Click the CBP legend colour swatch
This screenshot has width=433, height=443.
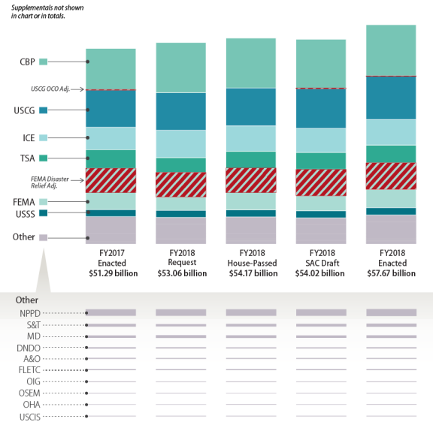pos(44,62)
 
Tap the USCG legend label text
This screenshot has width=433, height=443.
pos(24,110)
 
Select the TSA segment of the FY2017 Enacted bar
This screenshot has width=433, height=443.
pos(111,159)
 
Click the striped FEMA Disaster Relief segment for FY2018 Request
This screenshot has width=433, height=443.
pos(181,185)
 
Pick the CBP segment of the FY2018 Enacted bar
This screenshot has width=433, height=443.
pos(391,50)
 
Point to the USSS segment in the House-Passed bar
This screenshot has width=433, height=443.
pos(251,213)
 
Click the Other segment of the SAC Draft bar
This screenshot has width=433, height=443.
pos(321,231)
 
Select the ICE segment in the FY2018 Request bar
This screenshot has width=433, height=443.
pos(181,144)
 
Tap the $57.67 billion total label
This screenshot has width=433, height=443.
pos(392,273)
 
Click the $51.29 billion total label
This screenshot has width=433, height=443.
pos(114,273)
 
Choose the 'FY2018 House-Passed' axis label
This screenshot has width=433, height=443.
pos(253,258)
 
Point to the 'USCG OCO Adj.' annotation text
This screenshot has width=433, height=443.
pos(50,89)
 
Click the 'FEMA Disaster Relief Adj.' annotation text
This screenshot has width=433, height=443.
pos(50,182)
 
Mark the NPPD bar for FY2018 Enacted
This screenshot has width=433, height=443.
pos(392,312)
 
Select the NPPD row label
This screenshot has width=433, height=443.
pos(30,313)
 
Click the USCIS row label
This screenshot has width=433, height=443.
pos(30,417)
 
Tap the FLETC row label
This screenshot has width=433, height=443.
pos(29,370)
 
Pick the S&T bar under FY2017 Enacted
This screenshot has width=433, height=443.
pos(111,325)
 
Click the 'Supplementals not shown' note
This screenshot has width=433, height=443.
pos(47,12)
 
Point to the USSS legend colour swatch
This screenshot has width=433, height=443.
pos(44,212)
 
